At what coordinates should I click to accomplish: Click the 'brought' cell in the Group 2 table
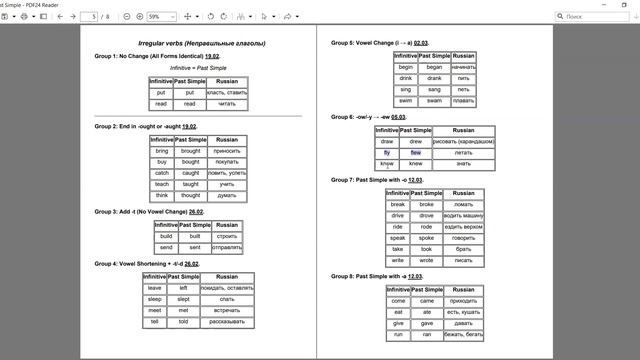tap(190, 150)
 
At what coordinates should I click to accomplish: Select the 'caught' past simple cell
tap(190, 173)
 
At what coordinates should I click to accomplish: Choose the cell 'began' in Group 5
tap(434, 67)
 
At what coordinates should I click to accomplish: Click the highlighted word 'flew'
tap(416, 153)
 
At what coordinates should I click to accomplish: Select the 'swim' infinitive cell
tap(405, 101)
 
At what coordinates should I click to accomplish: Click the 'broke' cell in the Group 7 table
tap(426, 204)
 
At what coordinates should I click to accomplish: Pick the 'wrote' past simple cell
tap(426, 260)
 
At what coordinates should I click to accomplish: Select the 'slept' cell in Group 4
tap(183, 299)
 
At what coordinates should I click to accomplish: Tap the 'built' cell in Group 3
tap(194, 236)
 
